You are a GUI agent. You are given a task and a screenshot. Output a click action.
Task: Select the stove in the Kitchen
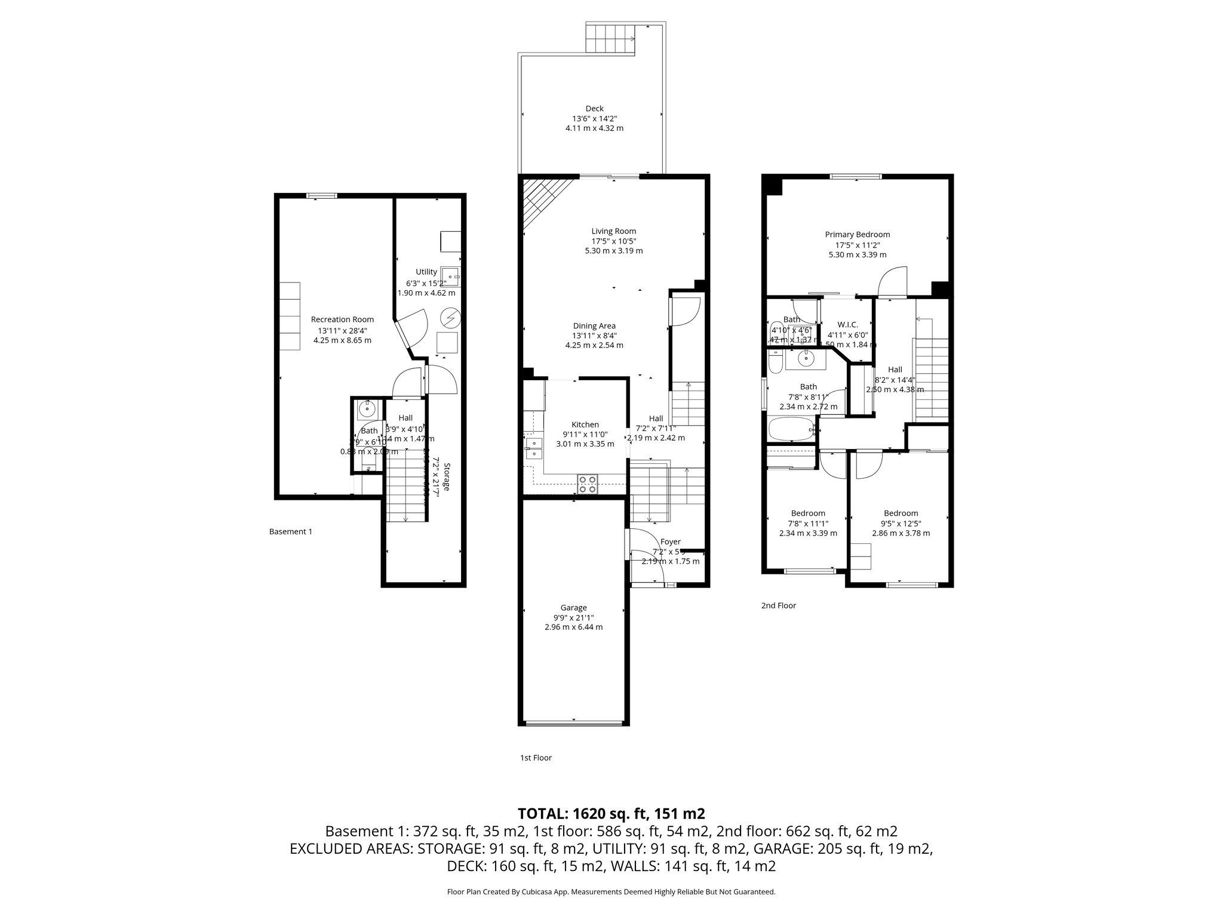(587, 484)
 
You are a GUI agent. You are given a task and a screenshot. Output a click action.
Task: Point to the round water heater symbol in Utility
(450, 318)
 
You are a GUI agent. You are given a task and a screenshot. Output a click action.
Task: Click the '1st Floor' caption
(536, 758)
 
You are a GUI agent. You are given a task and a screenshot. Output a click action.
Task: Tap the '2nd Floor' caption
(778, 605)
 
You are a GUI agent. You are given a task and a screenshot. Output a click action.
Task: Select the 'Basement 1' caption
(290, 531)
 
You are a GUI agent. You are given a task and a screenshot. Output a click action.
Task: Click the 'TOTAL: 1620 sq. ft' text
(611, 813)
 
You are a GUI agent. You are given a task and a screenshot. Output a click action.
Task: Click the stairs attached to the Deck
(610, 39)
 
